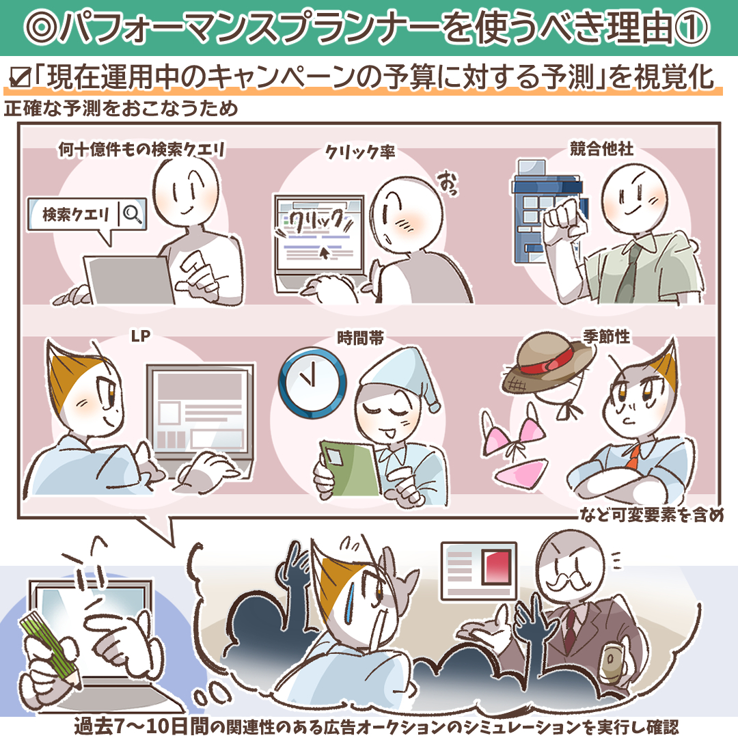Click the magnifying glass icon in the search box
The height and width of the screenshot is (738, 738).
(x=133, y=215)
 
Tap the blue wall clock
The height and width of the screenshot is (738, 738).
(x=312, y=383)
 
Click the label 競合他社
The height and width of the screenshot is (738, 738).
(x=601, y=149)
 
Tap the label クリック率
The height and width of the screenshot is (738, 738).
(x=360, y=152)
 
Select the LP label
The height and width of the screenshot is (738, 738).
(x=140, y=336)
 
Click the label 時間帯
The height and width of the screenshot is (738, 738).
(x=360, y=338)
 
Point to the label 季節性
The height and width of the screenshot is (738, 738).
(x=606, y=336)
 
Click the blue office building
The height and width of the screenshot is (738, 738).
(x=546, y=212)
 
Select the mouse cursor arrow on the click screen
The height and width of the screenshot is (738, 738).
(x=325, y=253)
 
